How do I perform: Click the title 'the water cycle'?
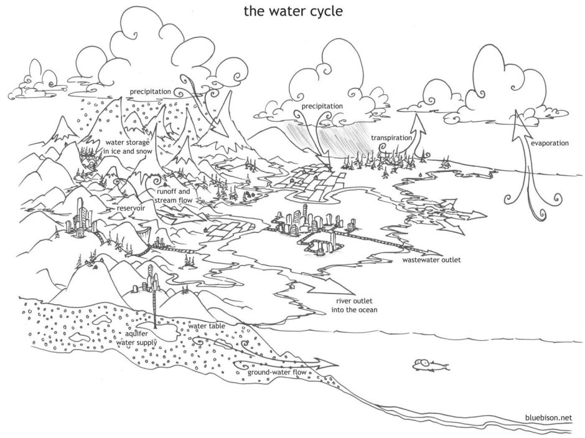293,11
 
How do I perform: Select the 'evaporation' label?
550,143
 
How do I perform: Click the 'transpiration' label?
391,138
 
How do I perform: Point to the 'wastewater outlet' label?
431,260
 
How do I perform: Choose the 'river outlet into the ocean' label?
355,305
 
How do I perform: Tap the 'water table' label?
207,326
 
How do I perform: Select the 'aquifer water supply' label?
136,338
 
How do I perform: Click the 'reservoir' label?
131,208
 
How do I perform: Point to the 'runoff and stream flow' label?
173,196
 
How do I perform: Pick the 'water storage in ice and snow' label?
128,147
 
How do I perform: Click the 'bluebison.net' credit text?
548,417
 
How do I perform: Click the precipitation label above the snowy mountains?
151,92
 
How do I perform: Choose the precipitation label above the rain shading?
322,106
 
